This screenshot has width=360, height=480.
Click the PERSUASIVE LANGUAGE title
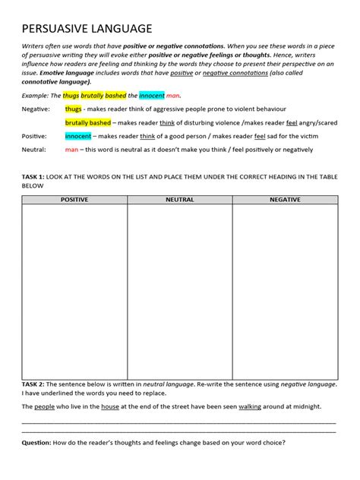pyautogui.click(x=87, y=28)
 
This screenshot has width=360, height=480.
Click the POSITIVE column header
pyautogui.click(x=74, y=199)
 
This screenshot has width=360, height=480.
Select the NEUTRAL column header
pyautogui.click(x=179, y=199)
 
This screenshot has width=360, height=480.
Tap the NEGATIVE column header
pyautogui.click(x=285, y=199)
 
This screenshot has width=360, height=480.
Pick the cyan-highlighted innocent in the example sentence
pyautogui.click(x=152, y=96)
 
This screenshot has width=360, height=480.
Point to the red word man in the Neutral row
pyautogui.click(x=72, y=150)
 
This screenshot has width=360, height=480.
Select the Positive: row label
pyautogui.click(x=34, y=136)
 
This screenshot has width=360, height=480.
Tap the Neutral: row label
pyautogui.click(x=34, y=150)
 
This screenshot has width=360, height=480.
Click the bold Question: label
pyautogui.click(x=38, y=443)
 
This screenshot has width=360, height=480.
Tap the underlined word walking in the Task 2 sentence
pyautogui.click(x=250, y=406)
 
